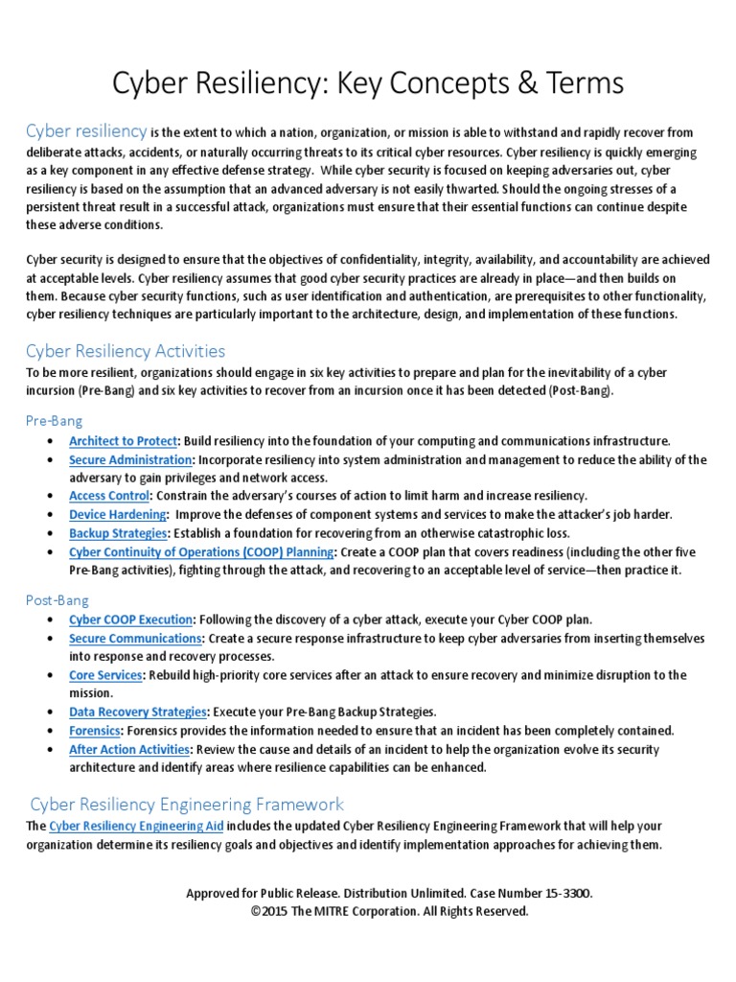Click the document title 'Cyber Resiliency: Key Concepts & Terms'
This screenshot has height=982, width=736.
[368, 83]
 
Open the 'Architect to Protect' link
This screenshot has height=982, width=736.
[123, 441]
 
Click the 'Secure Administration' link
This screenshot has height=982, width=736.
[130, 459]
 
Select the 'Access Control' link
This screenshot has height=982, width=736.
[109, 496]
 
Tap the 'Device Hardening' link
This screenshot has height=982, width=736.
[116, 514]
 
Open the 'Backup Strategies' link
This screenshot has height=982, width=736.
[119, 532]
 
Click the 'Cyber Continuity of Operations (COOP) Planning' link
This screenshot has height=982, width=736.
[201, 551]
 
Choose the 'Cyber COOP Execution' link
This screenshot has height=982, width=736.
[131, 620]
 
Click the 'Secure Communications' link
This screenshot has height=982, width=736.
[135, 638]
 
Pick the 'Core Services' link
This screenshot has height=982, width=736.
[105, 675]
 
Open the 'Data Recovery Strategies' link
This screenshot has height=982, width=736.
[138, 712]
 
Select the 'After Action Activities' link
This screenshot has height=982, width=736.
[129, 749]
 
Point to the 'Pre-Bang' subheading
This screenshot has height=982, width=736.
[54, 420]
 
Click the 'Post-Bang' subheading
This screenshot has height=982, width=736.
[57, 599]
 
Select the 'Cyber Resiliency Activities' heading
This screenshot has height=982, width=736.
[126, 351]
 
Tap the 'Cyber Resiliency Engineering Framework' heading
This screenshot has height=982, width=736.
[187, 804]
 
